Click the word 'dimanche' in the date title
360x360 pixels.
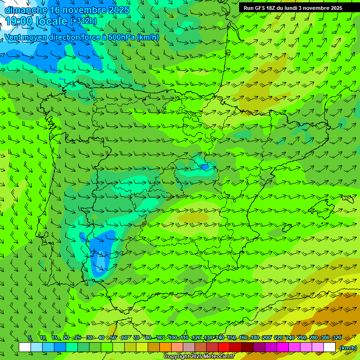click(x=25, y=10)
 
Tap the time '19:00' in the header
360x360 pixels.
click(x=22, y=21)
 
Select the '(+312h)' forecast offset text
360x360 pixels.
click(x=83, y=21)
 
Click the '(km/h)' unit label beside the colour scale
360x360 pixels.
click(x=347, y=348)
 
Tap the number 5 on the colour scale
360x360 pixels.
click(x=30, y=337)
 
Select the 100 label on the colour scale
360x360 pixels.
click(x=173, y=337)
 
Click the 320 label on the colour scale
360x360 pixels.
click(x=337, y=337)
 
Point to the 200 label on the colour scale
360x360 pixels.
click(x=267, y=337)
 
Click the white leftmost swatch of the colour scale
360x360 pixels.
click(x=25, y=347)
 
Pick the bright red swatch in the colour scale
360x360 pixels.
click(x=224, y=347)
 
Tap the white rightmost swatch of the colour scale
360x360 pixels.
click(x=330, y=347)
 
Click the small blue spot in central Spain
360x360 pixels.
click(x=204, y=166)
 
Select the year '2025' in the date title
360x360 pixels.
click(x=119, y=10)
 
